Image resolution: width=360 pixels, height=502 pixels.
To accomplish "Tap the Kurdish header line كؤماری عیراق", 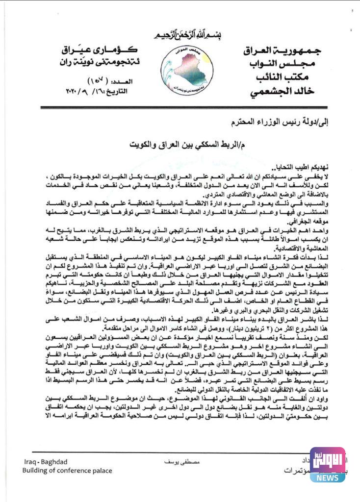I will click(x=100, y=51).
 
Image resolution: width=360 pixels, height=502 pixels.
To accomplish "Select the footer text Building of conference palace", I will click(x=67, y=471).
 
